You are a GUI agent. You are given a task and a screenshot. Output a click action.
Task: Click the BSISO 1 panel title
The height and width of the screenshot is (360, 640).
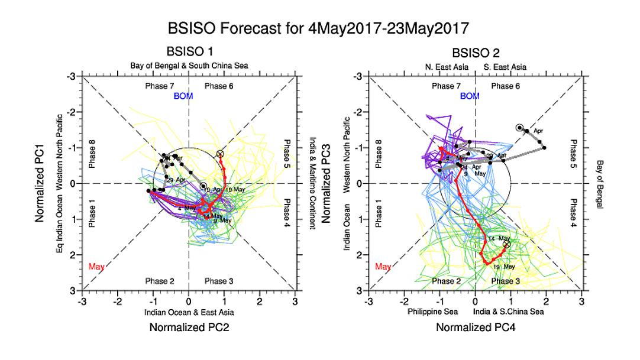189,53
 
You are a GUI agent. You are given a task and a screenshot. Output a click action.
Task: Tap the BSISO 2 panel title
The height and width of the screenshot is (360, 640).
475,53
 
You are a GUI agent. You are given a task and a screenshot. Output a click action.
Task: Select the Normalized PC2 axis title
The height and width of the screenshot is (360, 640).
189,326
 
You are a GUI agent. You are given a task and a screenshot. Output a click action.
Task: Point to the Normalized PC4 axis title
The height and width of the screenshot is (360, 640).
476,326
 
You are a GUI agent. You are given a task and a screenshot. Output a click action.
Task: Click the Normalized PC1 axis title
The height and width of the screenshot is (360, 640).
40,183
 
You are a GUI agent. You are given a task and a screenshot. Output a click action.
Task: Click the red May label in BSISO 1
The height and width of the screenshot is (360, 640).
96,267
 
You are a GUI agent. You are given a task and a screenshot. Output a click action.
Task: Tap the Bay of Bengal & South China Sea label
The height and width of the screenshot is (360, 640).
189,66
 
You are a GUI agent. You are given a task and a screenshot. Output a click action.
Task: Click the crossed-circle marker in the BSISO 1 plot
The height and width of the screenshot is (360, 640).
221,154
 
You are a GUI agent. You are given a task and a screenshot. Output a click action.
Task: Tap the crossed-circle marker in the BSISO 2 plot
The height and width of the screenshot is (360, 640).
506,244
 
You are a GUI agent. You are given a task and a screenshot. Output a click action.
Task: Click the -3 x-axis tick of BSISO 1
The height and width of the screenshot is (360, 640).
83,300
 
